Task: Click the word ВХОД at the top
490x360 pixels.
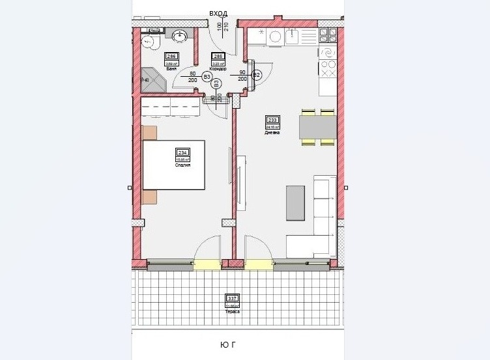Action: tap(218, 13)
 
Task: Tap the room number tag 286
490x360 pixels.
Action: tap(171, 57)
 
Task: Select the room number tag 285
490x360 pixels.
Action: tap(219, 57)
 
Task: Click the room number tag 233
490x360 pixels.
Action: tap(272, 120)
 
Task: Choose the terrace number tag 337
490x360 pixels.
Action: tap(232, 298)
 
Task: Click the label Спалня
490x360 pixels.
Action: tap(182, 165)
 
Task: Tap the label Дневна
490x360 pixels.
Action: tap(272, 132)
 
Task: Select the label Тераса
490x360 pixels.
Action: tap(232, 311)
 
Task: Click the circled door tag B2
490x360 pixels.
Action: tap(257, 76)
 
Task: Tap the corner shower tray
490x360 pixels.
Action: tap(151, 79)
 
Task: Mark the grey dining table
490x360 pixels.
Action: tap(317, 127)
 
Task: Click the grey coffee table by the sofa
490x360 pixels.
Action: tap(295, 202)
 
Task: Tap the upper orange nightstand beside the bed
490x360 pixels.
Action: tap(149, 132)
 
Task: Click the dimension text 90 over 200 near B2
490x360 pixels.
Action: tap(242, 76)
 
